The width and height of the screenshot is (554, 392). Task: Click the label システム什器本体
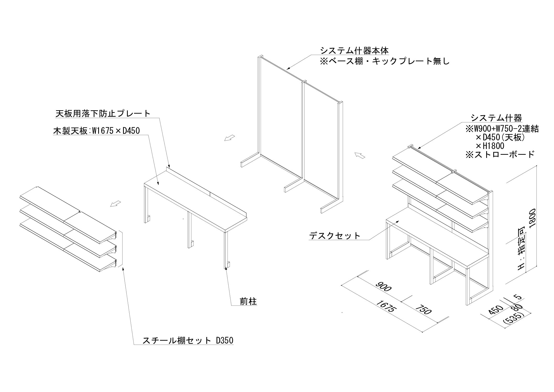[354, 50]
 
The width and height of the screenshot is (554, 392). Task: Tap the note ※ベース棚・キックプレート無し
[385, 61]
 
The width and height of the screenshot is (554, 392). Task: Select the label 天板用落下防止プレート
[103, 114]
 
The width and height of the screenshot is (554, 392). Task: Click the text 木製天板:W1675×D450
[96, 131]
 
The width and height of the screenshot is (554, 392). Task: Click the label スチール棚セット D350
[187, 340]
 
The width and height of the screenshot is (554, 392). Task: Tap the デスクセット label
[335, 236]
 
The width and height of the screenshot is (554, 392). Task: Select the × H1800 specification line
[490, 146]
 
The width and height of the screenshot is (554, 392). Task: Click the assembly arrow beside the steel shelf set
[115, 203]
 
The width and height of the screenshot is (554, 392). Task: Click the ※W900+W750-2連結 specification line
[502, 129]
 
